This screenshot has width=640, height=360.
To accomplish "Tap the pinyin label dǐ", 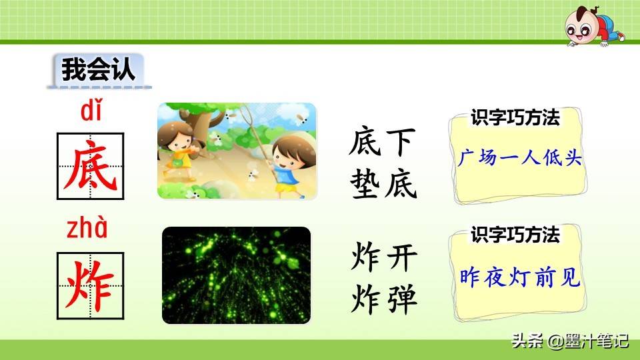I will [x=89, y=112].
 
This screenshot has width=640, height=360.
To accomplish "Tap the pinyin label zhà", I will [x=86, y=229].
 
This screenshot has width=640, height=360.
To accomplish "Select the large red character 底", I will [x=90, y=167].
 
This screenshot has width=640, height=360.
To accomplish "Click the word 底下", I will [x=383, y=143].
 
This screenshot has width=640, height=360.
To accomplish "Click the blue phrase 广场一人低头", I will [x=520, y=159].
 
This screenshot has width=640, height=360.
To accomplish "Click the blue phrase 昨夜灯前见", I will [x=520, y=277].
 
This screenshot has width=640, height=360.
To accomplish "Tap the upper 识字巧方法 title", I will [x=515, y=118].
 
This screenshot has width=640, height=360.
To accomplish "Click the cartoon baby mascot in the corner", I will [x=591, y=27].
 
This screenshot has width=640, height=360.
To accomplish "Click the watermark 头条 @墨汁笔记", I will [x=569, y=341].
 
